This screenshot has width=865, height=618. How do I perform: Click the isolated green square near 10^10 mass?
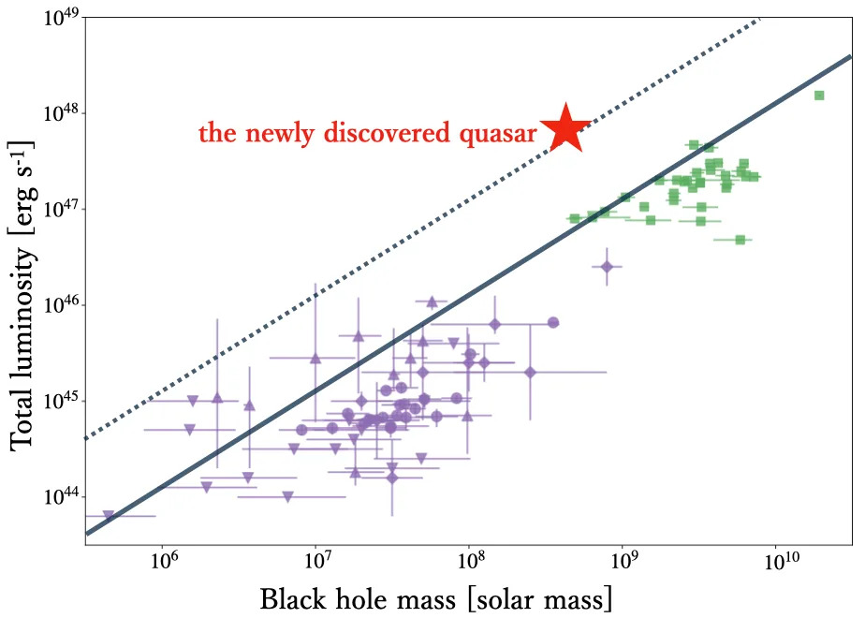click(x=819, y=96)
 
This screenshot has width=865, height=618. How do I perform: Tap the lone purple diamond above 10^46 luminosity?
click(x=607, y=267)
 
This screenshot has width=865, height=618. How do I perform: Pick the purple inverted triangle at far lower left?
click(x=109, y=515)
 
